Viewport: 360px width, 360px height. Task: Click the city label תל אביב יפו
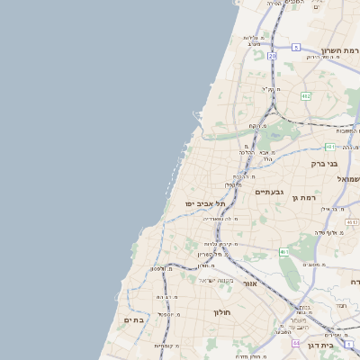click(205, 204)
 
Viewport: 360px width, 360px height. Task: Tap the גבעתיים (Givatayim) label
click(269, 192)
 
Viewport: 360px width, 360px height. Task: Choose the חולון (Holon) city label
click(223, 312)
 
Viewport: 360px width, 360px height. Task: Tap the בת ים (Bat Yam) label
click(134, 319)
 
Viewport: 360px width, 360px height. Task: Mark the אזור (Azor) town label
click(250, 283)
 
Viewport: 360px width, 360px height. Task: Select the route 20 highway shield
click(272, 56)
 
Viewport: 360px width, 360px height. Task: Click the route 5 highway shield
click(296, 47)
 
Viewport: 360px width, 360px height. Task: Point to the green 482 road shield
click(305, 95)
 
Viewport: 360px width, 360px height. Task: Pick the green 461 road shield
click(283, 252)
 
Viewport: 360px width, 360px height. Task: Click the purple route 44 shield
click(296, 343)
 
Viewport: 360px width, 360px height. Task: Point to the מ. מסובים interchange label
click(314, 265)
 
